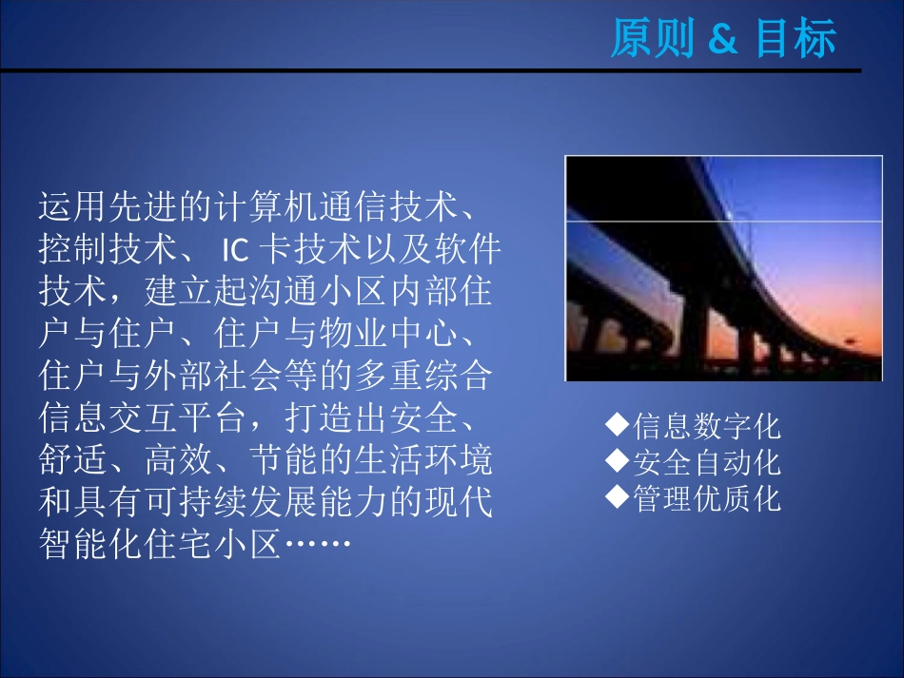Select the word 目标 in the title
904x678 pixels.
(x=796, y=40)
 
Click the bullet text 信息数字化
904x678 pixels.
(x=706, y=426)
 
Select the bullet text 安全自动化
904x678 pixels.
(x=706, y=463)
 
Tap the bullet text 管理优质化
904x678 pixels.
(x=706, y=499)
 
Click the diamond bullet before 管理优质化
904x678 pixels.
(x=619, y=495)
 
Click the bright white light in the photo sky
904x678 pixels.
(x=730, y=215)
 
